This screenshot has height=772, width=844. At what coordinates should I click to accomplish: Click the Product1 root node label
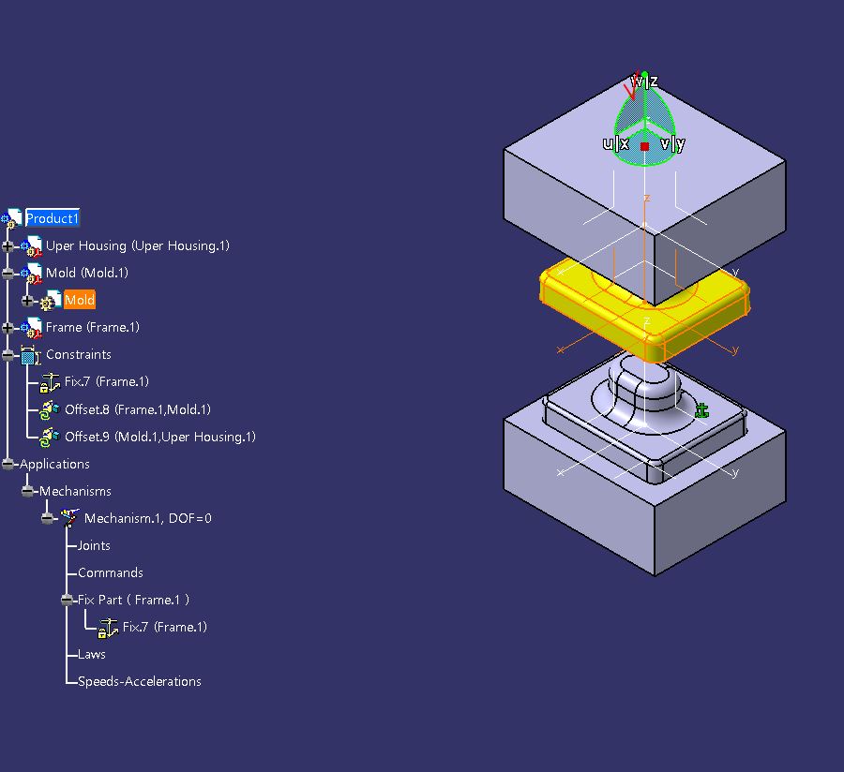[x=52, y=218]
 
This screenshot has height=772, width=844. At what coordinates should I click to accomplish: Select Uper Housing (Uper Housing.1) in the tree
[x=137, y=245]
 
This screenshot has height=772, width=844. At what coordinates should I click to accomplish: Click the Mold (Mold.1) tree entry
[x=86, y=273]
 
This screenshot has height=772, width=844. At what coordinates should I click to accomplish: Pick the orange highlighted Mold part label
[x=79, y=300]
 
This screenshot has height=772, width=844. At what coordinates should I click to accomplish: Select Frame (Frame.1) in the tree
[x=92, y=327]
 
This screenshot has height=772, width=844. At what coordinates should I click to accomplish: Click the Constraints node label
[x=78, y=354]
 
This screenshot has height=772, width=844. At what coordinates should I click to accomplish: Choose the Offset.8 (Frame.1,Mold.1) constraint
[x=137, y=409]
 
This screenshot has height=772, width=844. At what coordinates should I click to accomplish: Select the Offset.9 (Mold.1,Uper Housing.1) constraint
[x=159, y=437]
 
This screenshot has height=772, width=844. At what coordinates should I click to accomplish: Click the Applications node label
[x=54, y=464]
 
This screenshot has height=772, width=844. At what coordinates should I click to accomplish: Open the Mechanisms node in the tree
[x=75, y=491]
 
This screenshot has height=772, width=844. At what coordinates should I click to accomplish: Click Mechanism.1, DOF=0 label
[x=147, y=518]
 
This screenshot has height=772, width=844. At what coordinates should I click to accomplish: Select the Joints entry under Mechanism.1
[x=94, y=545]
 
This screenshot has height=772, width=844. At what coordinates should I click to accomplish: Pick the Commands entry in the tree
[x=110, y=572]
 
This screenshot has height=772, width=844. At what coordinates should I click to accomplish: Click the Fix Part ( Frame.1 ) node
[x=133, y=600]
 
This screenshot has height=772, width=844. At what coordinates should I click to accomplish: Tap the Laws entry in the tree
[x=91, y=654]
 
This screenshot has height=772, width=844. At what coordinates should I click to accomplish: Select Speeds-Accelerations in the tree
[x=139, y=681]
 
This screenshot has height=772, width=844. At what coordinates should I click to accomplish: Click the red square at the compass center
[x=644, y=146]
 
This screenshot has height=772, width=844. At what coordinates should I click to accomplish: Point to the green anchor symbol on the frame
[x=701, y=410]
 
